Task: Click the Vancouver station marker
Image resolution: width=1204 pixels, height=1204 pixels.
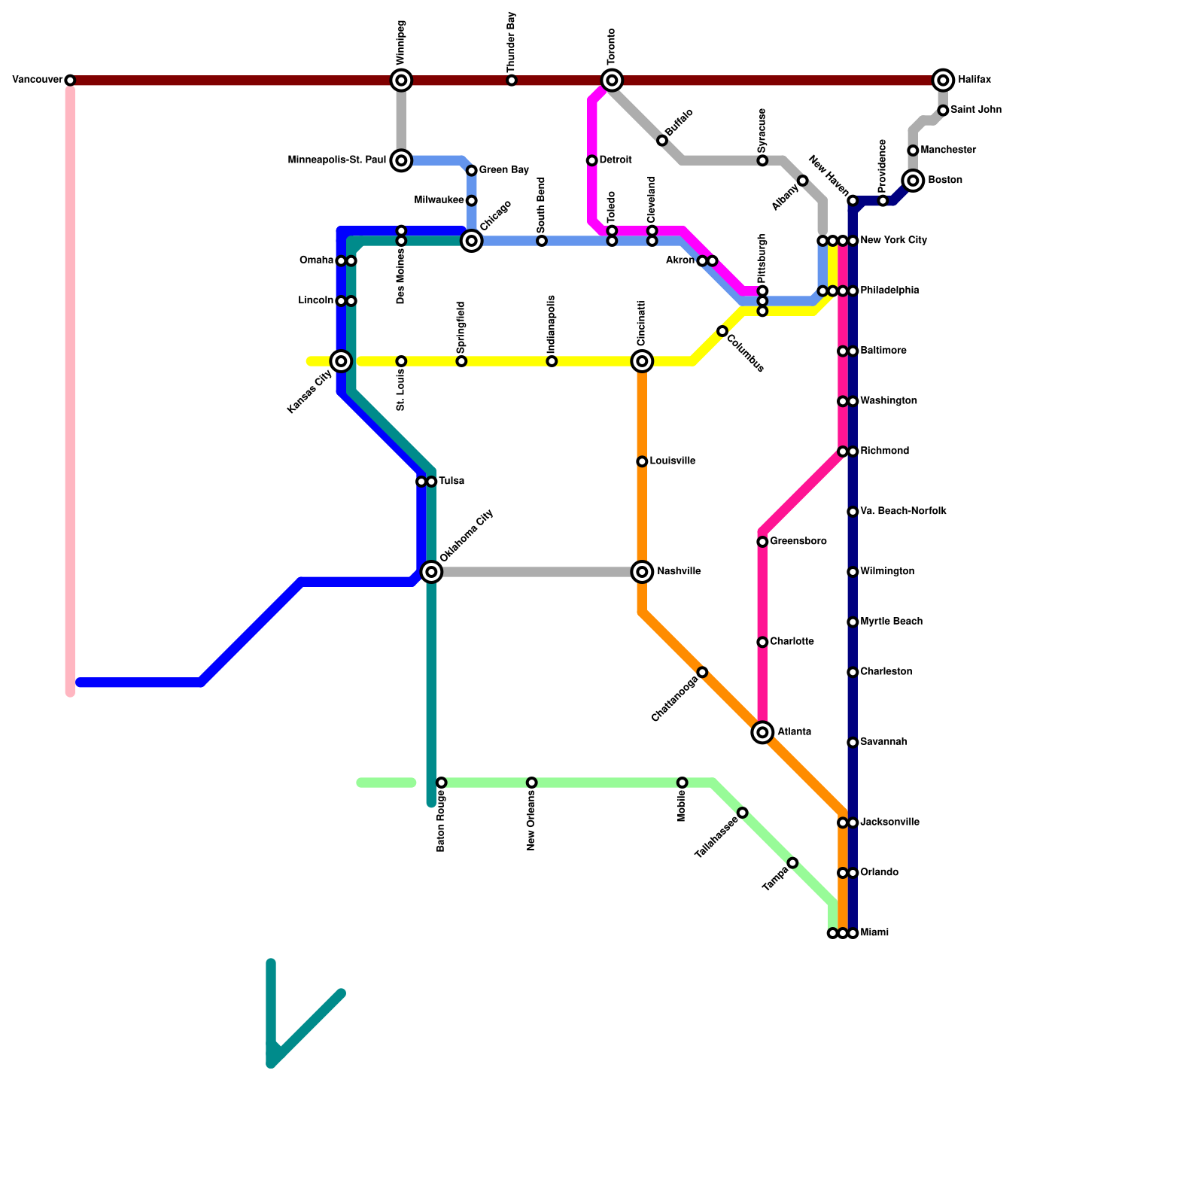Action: point(70,81)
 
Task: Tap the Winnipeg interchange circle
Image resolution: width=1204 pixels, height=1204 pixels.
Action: point(401,81)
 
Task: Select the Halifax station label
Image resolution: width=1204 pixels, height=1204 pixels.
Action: point(974,80)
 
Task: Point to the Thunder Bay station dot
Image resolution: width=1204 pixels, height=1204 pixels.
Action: point(512,81)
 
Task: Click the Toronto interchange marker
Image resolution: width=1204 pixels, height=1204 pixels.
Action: point(612,81)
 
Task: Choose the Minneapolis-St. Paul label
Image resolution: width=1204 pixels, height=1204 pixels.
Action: point(336,160)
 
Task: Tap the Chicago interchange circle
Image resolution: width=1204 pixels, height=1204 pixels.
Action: point(472,241)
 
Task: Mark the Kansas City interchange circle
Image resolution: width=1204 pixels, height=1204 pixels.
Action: point(341,361)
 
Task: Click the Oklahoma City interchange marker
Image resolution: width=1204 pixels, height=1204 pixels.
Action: point(431,572)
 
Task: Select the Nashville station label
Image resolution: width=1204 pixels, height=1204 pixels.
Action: point(679,572)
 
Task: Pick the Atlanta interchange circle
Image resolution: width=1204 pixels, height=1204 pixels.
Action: point(762,732)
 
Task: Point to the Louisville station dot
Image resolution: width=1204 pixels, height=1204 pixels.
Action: point(642,461)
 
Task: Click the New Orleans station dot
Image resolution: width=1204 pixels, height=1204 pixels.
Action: point(532,783)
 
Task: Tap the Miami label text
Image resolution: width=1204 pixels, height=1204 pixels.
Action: point(874,933)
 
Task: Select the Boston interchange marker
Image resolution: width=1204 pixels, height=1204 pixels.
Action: point(913,181)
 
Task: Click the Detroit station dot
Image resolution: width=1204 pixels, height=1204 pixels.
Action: point(592,160)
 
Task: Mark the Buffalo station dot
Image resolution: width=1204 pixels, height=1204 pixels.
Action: point(662,141)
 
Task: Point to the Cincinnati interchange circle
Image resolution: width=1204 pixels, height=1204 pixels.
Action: point(642,361)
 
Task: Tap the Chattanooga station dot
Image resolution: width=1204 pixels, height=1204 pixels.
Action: point(702,672)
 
